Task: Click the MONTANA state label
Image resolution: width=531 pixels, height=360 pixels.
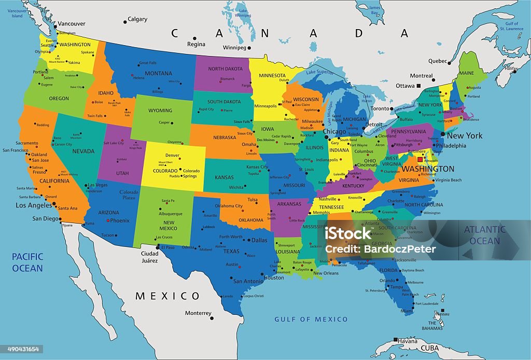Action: click(158, 74)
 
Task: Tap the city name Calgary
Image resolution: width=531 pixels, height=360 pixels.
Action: click(137, 20)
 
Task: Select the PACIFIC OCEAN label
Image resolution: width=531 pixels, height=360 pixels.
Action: click(27, 262)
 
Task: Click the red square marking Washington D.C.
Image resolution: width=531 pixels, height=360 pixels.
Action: click(420, 159)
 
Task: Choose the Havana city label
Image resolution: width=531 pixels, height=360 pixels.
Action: click(408, 341)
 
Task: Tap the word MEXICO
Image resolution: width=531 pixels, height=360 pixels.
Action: click(167, 296)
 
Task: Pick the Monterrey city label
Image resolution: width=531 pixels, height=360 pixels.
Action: click(198, 313)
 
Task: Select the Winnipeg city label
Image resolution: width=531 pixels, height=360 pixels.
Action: click(234, 48)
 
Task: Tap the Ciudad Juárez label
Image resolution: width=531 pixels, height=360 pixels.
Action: click(150, 257)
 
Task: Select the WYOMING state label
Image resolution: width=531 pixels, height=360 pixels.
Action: click(160, 110)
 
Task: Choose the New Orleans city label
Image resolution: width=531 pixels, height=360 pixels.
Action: click(326, 273)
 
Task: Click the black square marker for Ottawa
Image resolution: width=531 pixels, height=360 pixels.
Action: click(418, 86)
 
